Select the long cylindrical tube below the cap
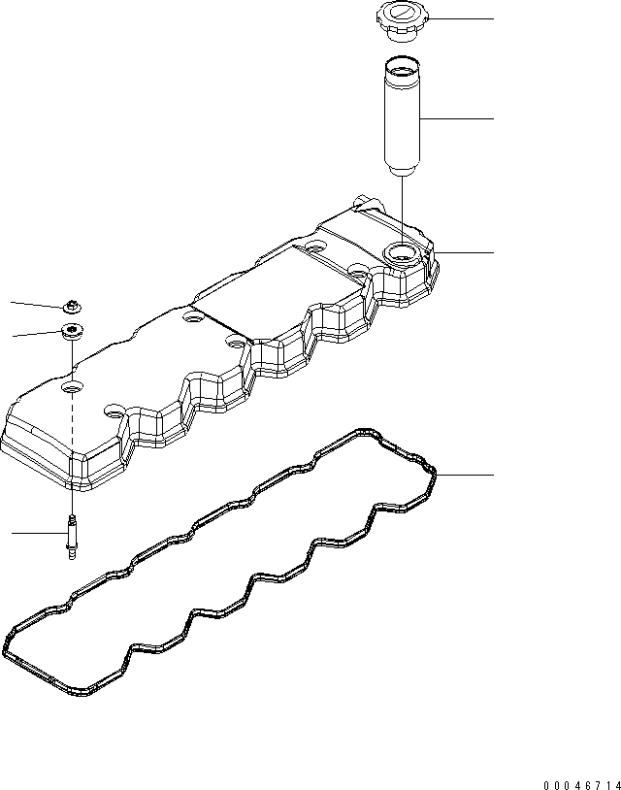pos(401,117)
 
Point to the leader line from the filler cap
pos(460,19)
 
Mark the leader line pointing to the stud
pos(39,533)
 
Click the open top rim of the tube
pos(400,67)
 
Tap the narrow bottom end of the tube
pos(400,174)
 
